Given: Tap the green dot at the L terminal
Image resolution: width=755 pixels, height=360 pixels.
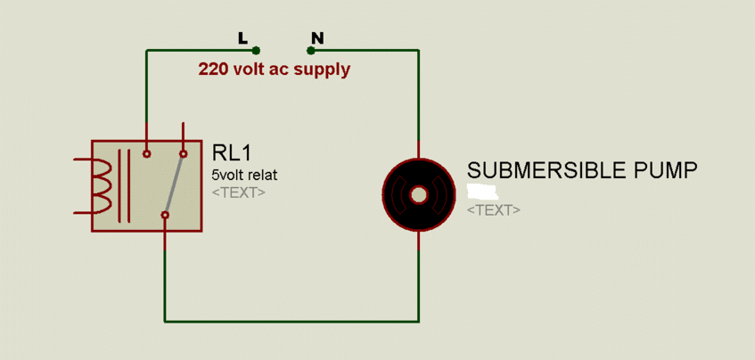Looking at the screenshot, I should pos(256,51).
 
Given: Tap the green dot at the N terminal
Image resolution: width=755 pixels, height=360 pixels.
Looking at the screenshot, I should pos(310,51).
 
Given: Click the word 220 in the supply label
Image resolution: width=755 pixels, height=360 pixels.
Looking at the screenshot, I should pos(214,69).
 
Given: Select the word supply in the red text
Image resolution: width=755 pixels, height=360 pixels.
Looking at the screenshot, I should pos(325,70).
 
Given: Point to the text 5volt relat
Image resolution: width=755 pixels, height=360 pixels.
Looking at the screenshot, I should pos(243,175).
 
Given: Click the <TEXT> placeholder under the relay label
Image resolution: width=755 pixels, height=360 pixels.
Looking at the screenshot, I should pos(238,192).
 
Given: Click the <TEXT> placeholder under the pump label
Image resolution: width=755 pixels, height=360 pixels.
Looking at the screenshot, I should pos(493,209).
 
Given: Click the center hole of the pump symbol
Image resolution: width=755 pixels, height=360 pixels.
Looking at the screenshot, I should pos(419,194).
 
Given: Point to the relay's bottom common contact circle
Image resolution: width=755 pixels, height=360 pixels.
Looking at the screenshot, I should pos(165,215).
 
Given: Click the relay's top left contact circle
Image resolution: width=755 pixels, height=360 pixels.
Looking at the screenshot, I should pos(147,154).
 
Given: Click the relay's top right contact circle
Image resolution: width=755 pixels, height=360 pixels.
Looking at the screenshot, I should pos(184,154).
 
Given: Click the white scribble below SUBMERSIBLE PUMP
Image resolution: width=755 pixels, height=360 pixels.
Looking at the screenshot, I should pos(482,191).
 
